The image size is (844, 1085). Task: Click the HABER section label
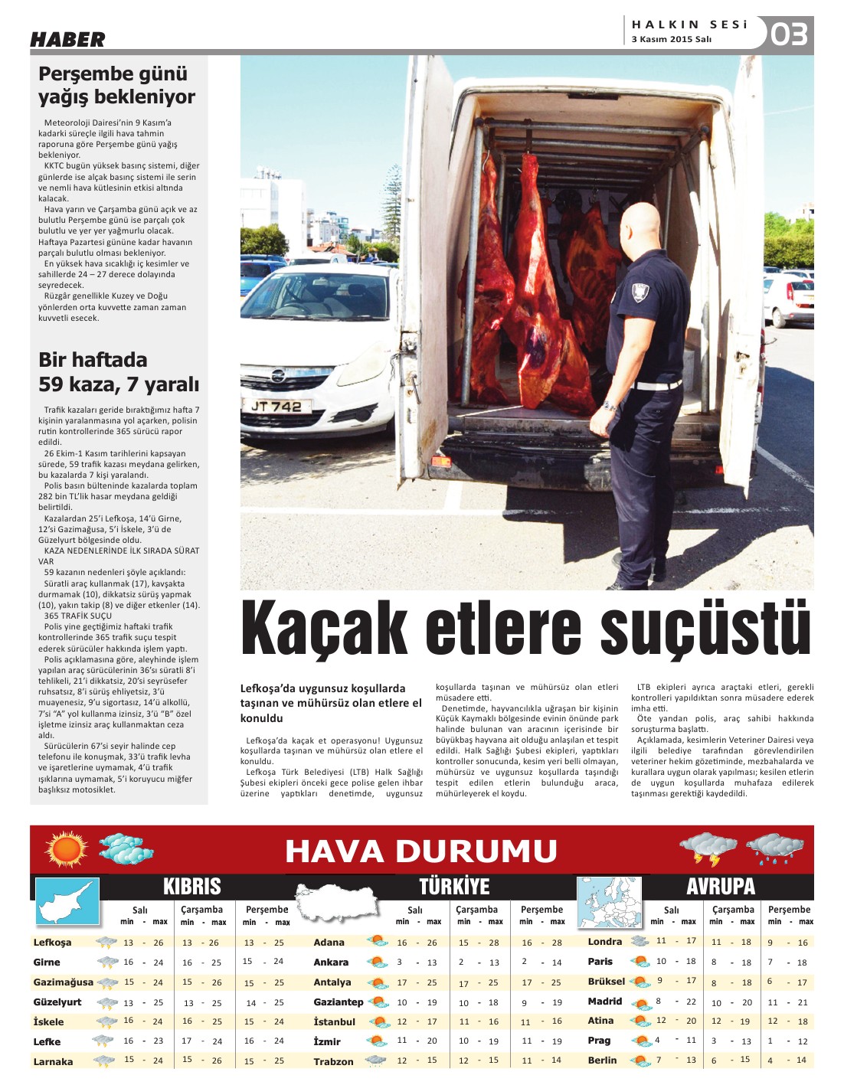[67, 40]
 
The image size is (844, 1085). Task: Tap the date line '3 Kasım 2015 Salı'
[672, 39]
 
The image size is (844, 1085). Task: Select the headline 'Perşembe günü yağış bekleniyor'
[116, 85]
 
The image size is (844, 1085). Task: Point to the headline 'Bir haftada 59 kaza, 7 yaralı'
[118, 371]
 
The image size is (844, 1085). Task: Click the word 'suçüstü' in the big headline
[705, 629]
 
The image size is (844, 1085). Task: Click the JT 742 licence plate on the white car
[276, 407]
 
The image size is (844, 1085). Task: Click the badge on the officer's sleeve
[639, 291]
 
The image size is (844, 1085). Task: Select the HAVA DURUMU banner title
[421, 851]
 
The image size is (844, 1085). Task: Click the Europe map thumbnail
[608, 903]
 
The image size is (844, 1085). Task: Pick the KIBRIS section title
[191, 887]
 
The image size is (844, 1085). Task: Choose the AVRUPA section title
[721, 887]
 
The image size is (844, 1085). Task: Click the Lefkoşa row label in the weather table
[52, 943]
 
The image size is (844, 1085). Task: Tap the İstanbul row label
[334, 1021]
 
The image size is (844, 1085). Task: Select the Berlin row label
[602, 1060]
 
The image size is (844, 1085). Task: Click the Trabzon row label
[333, 1061]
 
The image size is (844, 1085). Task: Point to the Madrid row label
[604, 1002]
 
